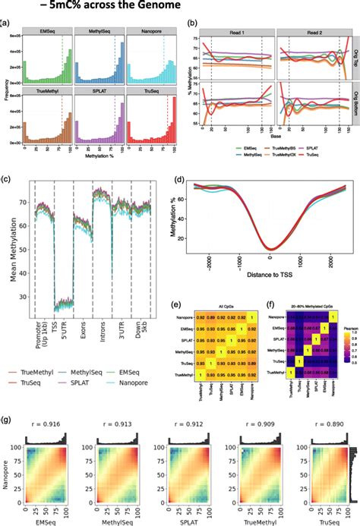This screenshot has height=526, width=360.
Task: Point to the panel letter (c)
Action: coord(6,180)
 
